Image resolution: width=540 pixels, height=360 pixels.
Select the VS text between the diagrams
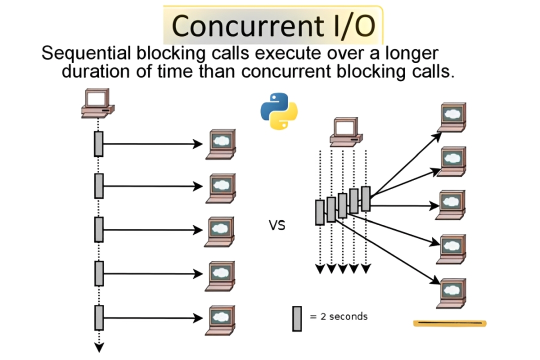(277, 225)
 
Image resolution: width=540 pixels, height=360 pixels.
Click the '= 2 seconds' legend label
(338, 316)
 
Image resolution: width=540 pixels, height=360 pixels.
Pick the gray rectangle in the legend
(297, 318)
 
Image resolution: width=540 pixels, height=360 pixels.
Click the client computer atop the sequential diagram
(98, 103)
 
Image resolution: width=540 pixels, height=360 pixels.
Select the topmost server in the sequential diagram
(220, 144)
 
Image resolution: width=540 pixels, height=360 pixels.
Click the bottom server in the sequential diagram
(220, 318)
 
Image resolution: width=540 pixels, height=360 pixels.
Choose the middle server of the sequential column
(220, 231)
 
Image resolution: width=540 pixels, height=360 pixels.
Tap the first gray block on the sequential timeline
(98, 144)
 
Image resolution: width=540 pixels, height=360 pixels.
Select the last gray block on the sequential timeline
(98, 317)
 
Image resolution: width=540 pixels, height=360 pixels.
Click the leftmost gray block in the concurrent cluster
(319, 212)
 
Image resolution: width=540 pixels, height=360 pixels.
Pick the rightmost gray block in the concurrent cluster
(365, 198)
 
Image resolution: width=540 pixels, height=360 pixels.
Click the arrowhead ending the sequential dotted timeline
(98, 347)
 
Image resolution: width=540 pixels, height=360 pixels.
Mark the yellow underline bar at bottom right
(449, 323)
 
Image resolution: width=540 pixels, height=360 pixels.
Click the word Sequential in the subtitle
(80, 53)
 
